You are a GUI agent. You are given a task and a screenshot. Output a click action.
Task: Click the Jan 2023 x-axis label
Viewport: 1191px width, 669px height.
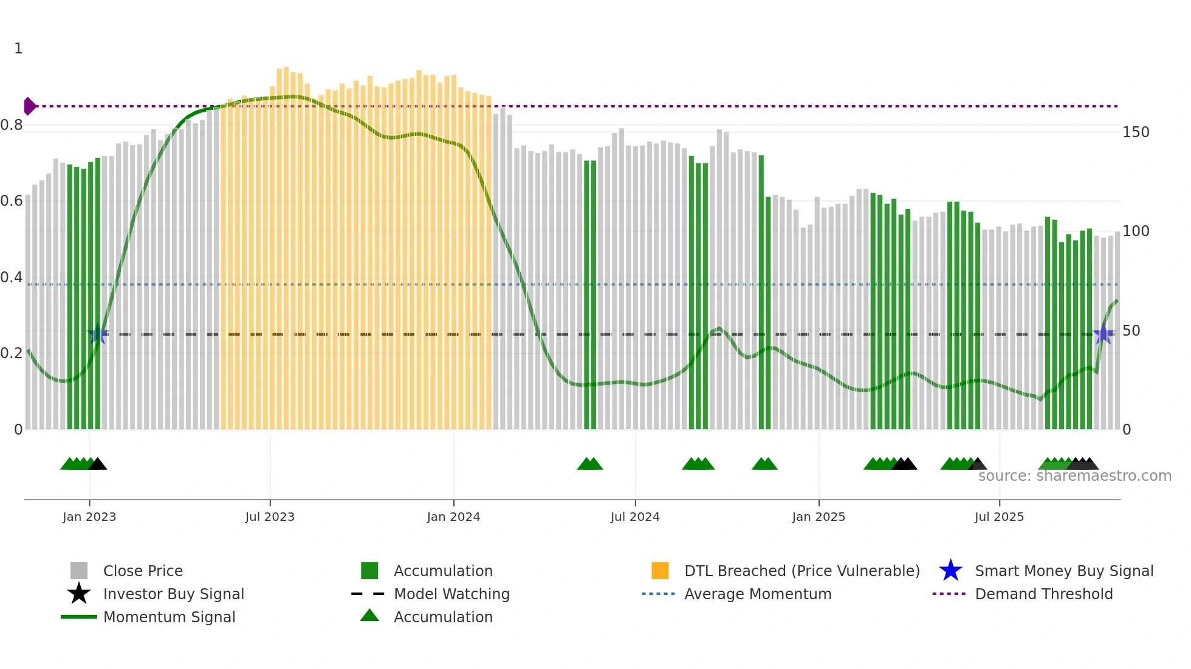(x=89, y=517)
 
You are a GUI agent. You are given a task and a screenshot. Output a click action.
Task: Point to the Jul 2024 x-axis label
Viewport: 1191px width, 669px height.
(x=635, y=517)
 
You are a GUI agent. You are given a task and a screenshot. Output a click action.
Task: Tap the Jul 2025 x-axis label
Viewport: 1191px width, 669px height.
(x=999, y=517)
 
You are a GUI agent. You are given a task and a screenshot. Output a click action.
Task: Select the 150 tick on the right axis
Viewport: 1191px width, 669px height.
(x=1136, y=132)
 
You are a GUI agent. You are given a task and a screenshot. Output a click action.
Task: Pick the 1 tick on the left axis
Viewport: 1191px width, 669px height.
(x=18, y=49)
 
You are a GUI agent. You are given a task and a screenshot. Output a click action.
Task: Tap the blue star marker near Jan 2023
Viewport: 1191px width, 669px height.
(x=98, y=334)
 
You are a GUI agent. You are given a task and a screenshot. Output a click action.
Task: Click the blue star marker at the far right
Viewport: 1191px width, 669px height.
(x=1103, y=334)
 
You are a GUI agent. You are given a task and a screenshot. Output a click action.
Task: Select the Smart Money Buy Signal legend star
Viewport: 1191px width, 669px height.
(x=950, y=571)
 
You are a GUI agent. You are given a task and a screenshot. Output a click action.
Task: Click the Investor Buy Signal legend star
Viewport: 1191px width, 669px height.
(x=79, y=594)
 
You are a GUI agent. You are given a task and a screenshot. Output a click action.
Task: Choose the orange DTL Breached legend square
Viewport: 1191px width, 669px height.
(x=660, y=571)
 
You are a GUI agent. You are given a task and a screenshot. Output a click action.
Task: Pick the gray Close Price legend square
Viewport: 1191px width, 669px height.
(x=79, y=571)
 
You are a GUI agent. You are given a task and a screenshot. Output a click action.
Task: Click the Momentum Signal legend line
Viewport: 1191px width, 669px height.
(x=79, y=617)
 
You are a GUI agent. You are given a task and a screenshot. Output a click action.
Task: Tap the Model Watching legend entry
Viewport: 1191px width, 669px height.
(x=451, y=594)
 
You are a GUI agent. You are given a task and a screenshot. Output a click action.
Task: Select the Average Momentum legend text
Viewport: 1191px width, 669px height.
(x=758, y=594)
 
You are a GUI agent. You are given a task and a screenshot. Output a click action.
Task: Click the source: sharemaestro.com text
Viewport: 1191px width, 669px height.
(x=1074, y=476)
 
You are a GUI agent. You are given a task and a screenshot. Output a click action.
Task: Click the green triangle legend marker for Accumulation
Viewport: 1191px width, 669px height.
(x=369, y=616)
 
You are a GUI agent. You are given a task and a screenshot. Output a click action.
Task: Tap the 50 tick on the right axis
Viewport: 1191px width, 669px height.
(x=1131, y=331)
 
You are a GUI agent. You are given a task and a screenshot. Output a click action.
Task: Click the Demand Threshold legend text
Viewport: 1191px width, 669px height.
(x=1043, y=594)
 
